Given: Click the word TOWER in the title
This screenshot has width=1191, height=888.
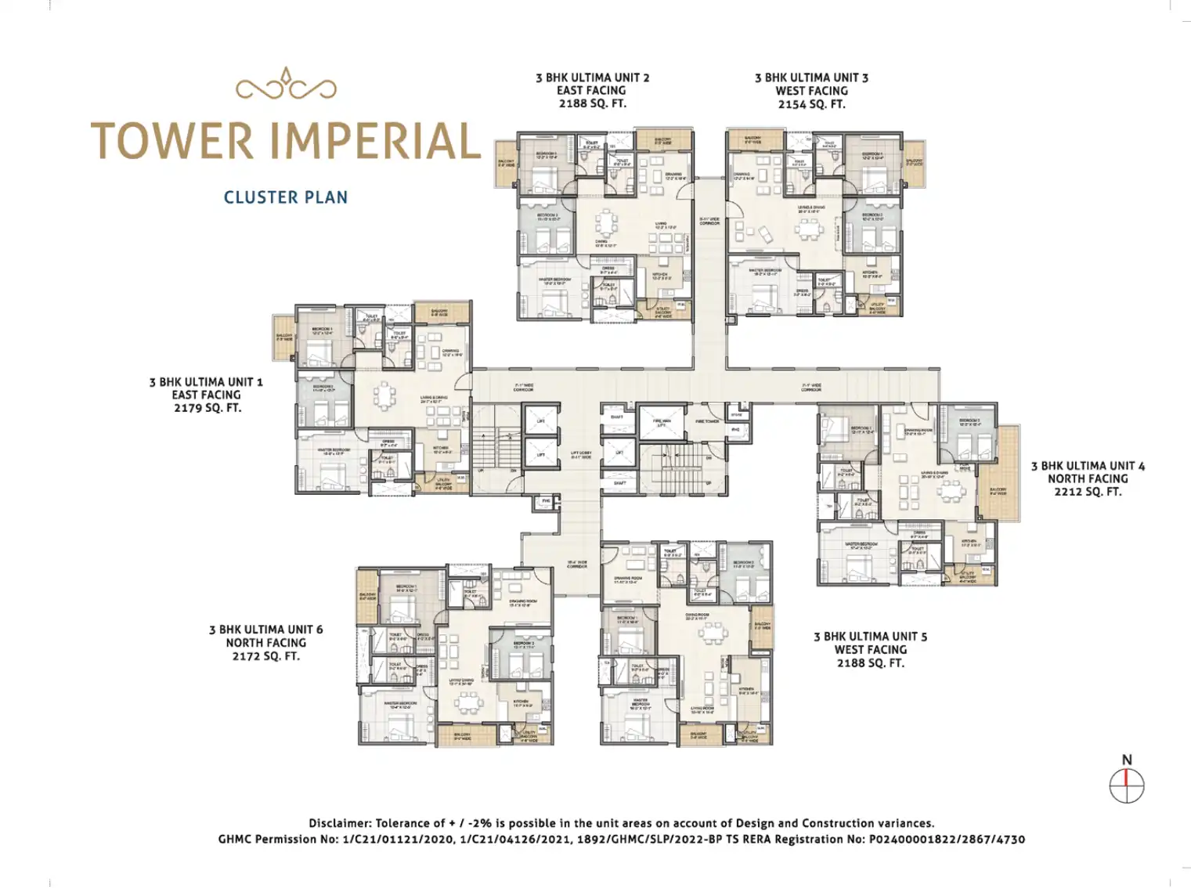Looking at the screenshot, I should point(172,141).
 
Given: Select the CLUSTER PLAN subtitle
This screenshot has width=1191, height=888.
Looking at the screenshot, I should point(286,197).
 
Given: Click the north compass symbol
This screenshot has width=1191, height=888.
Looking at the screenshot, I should point(1127,785).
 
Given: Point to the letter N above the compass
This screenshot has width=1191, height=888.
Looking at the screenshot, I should point(1127,760).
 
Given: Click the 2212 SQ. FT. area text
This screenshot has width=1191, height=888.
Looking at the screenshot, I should point(1088,492).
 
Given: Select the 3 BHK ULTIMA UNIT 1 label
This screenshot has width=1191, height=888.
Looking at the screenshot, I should point(206,382).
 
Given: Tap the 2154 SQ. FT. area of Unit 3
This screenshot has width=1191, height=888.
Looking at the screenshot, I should point(811,104).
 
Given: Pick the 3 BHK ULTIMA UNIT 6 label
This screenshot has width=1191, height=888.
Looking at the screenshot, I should point(265,630).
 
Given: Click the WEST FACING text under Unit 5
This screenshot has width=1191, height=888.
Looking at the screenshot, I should point(870,650).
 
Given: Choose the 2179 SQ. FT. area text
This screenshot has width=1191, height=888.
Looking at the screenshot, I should point(207,408).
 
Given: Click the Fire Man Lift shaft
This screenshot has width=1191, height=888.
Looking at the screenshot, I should point(662,423).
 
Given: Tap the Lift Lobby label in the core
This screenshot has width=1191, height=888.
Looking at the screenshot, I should point(581,455).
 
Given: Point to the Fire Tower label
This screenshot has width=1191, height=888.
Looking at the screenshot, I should point(707,421).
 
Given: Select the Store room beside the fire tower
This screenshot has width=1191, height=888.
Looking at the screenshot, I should point(737,414).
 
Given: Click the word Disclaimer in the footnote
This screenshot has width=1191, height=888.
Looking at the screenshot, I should point(340,823).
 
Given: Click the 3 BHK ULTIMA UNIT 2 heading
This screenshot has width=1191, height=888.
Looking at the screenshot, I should point(592,78).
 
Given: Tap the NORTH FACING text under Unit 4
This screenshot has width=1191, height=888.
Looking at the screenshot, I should point(1088,478).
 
